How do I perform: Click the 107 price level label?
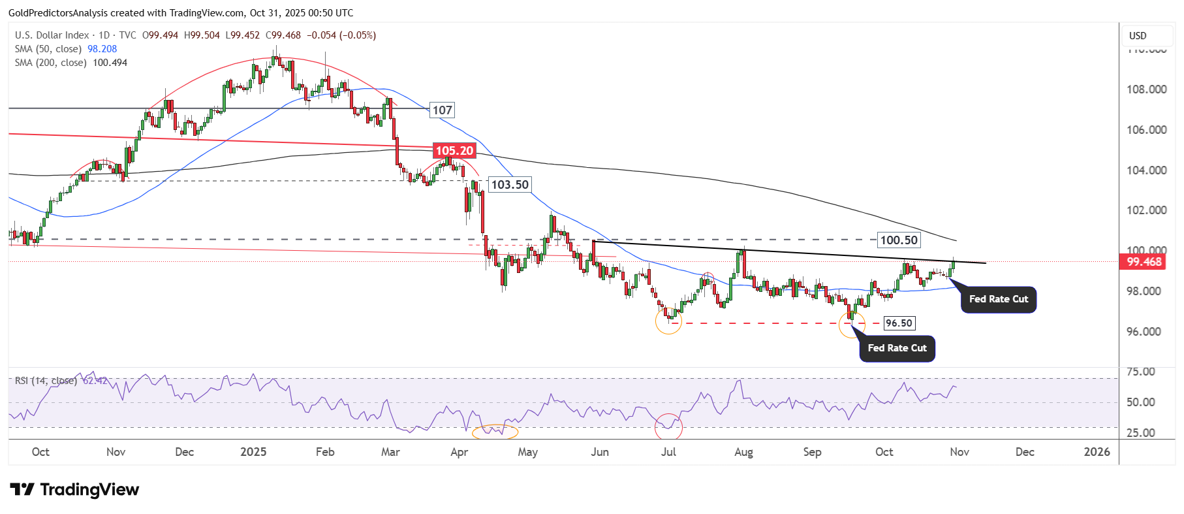(442, 110)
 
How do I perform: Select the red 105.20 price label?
(454, 151)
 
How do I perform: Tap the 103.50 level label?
(510, 185)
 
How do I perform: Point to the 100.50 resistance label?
(899, 240)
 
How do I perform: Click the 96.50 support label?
(899, 323)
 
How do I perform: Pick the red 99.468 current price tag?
(1144, 262)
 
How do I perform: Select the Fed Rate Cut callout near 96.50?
(897, 348)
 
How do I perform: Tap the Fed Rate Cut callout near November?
(998, 299)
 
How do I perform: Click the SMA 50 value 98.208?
(102, 49)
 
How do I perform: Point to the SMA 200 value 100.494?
(110, 63)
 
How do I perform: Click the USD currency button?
(1138, 36)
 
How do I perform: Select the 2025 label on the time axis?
(253, 452)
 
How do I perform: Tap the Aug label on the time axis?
(743, 452)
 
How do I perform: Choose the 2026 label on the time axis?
(1097, 452)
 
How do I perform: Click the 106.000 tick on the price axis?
(1146, 130)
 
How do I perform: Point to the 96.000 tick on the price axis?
(1146, 332)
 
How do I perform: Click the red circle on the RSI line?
(668, 426)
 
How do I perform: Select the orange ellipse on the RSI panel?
(495, 431)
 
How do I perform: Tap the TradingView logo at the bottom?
(75, 490)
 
